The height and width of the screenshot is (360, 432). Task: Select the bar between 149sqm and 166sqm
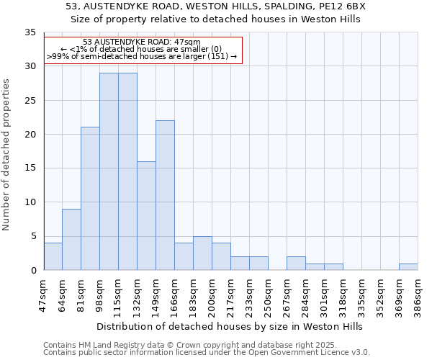coord(165,195)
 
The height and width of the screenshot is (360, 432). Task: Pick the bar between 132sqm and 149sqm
coord(146,215)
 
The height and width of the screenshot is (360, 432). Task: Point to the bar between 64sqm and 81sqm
coord(71,239)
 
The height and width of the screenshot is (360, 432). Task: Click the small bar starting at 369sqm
coord(408,266)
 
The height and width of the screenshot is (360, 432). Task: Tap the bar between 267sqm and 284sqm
coord(296,263)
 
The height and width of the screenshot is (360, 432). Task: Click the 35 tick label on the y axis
coord(30,32)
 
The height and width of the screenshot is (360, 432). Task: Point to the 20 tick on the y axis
coord(30,135)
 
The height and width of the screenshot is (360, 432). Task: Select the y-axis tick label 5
coord(32,236)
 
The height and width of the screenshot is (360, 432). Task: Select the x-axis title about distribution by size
coord(230,326)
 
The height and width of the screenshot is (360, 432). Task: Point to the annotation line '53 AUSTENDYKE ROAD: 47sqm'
coord(142,42)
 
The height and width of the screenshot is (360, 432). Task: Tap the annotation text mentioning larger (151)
coord(142,57)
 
